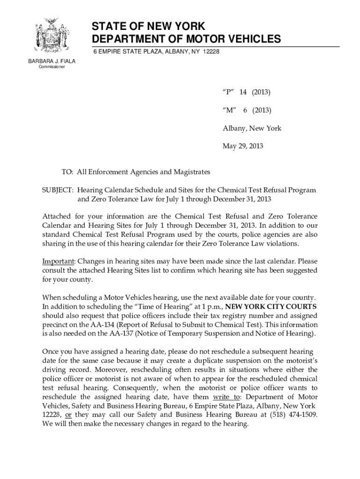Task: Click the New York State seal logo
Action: coord(49,36)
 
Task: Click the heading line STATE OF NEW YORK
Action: coord(148,26)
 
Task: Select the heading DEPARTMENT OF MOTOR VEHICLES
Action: coord(187,39)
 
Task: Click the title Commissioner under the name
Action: coord(49,67)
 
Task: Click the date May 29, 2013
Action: coord(243,146)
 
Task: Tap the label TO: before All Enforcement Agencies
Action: coord(67,172)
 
